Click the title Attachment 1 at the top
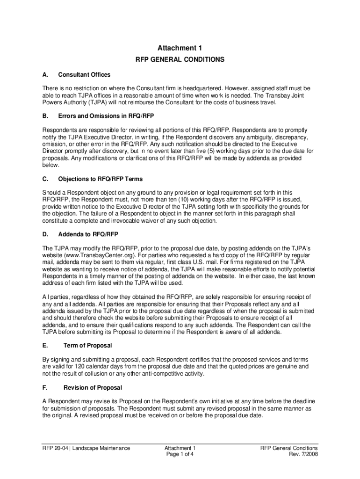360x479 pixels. point(180,48)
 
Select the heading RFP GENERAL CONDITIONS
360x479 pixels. point(180,60)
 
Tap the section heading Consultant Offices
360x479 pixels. point(84,75)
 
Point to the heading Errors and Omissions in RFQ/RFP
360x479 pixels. point(106,115)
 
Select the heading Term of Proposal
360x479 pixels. point(87,345)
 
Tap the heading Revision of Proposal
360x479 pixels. point(93,387)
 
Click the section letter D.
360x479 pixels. point(44,234)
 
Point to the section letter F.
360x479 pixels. point(44,387)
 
